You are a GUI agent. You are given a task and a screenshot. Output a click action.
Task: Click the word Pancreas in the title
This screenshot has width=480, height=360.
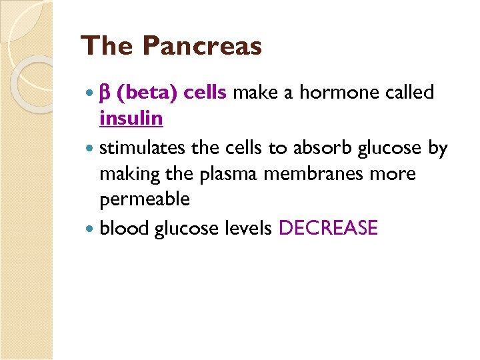click(203, 47)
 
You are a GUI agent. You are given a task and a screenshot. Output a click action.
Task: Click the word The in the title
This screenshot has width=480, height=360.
click(107, 47)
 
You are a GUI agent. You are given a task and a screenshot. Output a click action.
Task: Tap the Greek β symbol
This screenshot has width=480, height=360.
click(105, 93)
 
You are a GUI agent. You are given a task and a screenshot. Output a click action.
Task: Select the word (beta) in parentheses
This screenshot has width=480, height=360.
click(146, 93)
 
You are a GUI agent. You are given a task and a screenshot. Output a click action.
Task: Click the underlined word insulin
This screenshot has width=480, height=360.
click(131, 119)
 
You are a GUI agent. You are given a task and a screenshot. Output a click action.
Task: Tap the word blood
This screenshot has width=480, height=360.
click(124, 229)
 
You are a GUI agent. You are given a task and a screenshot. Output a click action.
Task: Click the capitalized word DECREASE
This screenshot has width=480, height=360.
click(328, 229)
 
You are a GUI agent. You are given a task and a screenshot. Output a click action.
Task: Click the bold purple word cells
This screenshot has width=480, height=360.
click(205, 93)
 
